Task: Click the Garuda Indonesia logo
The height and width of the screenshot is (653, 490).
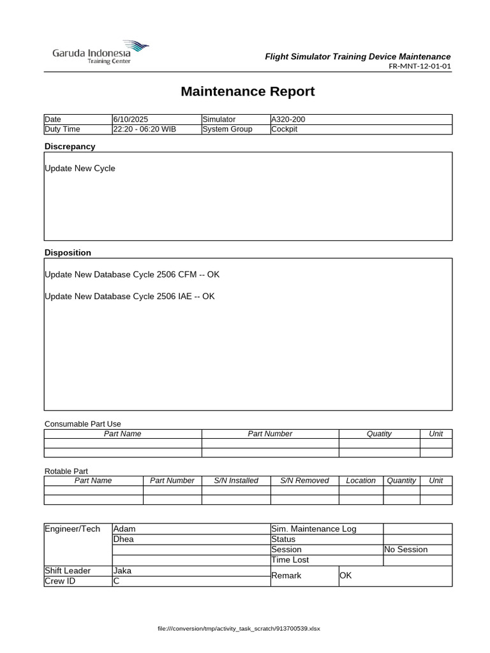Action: pyautogui.click(x=100, y=52)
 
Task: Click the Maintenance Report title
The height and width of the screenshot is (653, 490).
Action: pyautogui.click(x=248, y=91)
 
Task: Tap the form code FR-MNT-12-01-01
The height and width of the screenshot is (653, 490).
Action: pyautogui.click(x=419, y=66)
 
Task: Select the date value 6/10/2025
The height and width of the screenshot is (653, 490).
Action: pyautogui.click(x=131, y=119)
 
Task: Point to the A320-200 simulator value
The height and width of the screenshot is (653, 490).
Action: pyautogui.click(x=288, y=119)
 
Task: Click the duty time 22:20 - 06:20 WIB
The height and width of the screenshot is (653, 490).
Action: pyautogui.click(x=145, y=129)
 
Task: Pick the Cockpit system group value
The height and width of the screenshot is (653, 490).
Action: pyautogui.click(x=285, y=129)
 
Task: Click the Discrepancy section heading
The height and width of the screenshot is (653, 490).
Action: pyautogui.click(x=70, y=146)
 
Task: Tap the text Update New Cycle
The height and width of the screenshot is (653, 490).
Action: pyautogui.click(x=80, y=168)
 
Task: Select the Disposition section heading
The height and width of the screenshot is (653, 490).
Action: pyautogui.click(x=68, y=253)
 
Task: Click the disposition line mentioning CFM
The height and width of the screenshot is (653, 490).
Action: pyautogui.click(x=132, y=274)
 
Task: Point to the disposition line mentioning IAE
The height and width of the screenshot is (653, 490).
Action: pyautogui.click(x=130, y=296)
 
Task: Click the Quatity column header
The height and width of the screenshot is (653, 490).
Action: pyautogui.click(x=379, y=434)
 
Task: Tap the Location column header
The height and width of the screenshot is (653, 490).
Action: pyautogui.click(x=360, y=480)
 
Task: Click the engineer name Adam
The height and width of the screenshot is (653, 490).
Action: pyautogui.click(x=124, y=529)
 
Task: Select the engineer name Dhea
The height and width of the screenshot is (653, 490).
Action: pyautogui.click(x=124, y=539)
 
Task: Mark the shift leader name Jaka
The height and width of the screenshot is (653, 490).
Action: pyautogui.click(x=122, y=571)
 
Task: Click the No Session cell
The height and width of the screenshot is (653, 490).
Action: pyautogui.click(x=406, y=549)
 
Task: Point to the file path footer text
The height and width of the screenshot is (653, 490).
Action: pyautogui.click(x=239, y=629)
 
